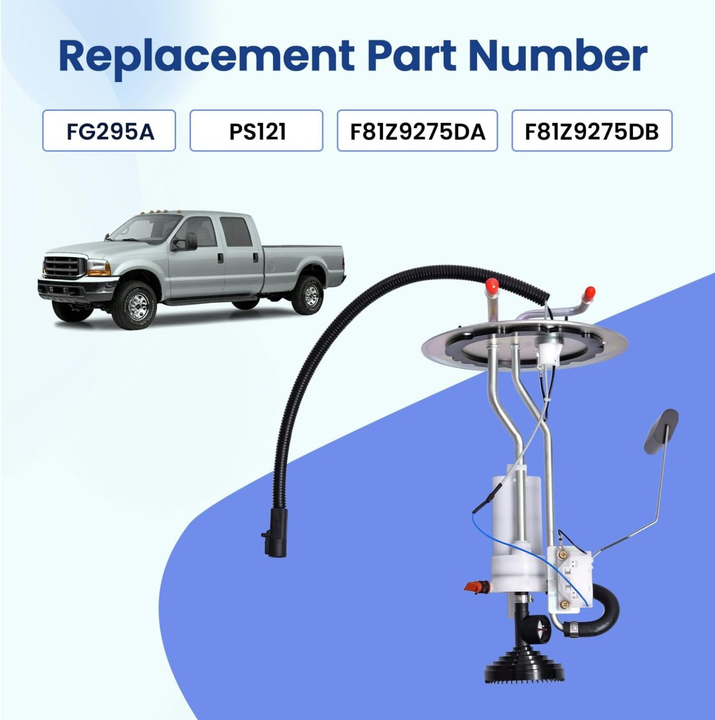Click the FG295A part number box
(109, 131)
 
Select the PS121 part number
(256, 131)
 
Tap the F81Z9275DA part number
(417, 131)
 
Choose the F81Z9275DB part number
(592, 131)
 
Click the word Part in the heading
(411, 55)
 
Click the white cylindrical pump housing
(515, 515)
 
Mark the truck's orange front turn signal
(98, 268)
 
